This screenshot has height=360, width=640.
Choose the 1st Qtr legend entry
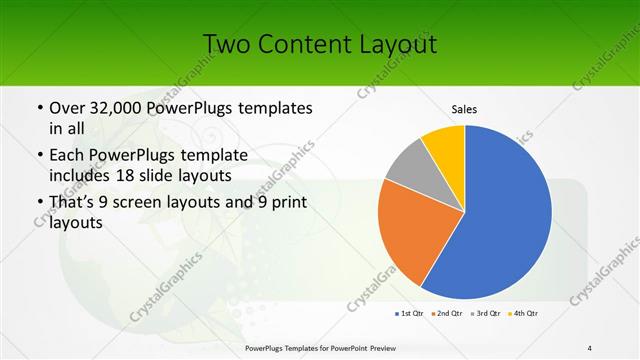(x=409, y=314)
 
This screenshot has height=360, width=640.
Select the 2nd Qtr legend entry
(x=448, y=314)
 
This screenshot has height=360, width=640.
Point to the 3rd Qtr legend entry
(x=487, y=314)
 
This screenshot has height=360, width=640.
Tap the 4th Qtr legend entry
(x=526, y=314)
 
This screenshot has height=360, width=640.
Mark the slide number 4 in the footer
(x=590, y=347)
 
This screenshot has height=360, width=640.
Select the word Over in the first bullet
(x=67, y=108)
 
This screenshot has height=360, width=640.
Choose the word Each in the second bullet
(x=67, y=154)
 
